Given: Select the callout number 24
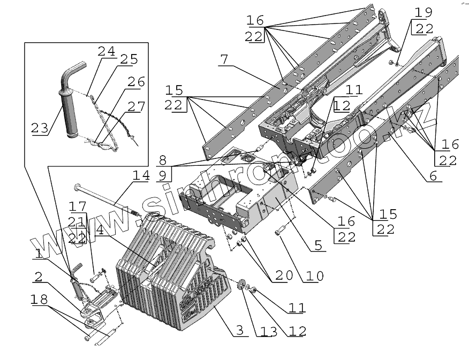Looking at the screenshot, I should pos(106,52).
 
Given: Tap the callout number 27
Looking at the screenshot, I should pos(135,107).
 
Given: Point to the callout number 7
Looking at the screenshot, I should pos(224,59).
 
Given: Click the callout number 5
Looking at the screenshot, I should pos(318,246).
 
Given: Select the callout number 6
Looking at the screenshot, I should pos(432,175).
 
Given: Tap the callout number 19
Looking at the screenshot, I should pos(422,12).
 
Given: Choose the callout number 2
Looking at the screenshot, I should pos(37,277).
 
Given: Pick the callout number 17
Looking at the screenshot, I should pos(77,206).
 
